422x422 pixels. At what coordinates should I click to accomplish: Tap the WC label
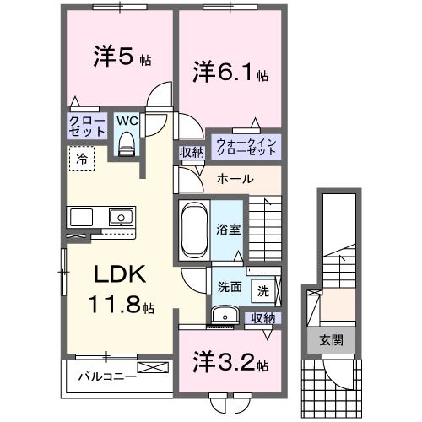pos(126,120)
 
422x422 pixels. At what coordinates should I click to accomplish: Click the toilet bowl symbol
pos(127,145)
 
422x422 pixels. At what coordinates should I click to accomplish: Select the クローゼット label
pos(87,127)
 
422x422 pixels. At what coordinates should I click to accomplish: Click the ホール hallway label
pos(234,180)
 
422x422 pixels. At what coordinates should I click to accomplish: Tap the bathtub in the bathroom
pos(194,228)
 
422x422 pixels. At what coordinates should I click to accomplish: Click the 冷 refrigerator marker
pos(82,158)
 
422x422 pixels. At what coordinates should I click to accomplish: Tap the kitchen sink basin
pos(120,217)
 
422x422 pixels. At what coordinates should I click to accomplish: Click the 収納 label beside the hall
pos(191,153)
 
